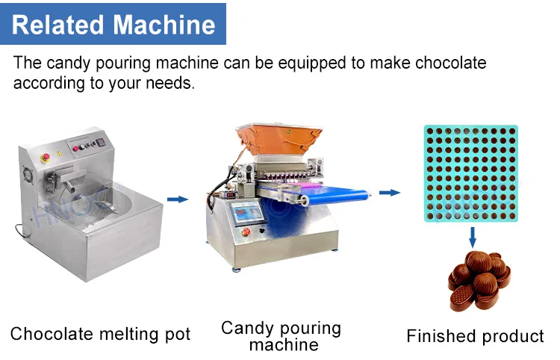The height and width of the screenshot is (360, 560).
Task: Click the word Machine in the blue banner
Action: pyautogui.click(x=166, y=25)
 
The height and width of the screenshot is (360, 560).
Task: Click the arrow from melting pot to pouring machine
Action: pyautogui.click(x=177, y=199)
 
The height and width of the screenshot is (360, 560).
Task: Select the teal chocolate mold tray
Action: pyautogui.click(x=471, y=173)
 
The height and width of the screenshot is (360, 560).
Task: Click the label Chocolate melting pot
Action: pyautogui.click(x=101, y=334)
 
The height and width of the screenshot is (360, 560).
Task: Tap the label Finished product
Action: pyautogui.click(x=475, y=336)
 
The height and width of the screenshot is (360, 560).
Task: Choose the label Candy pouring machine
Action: pyautogui.click(x=281, y=335)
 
